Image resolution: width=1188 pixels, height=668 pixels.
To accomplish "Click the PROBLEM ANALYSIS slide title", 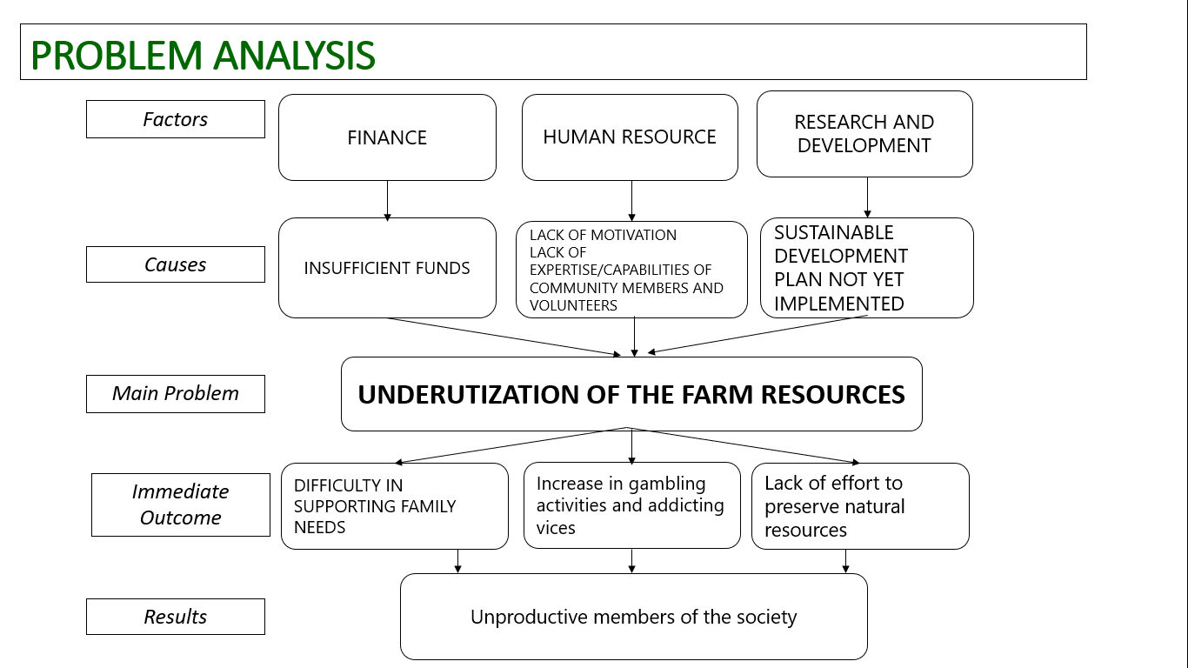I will (203, 55).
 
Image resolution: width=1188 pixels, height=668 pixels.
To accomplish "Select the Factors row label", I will (176, 119).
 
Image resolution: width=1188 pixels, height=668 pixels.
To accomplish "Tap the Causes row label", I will (176, 264).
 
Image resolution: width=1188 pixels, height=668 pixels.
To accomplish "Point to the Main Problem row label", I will (176, 393).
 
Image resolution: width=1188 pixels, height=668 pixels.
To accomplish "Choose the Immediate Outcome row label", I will (181, 504).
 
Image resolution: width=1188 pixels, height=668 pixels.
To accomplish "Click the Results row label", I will (176, 617).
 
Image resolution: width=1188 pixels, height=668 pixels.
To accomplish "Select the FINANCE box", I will (387, 137).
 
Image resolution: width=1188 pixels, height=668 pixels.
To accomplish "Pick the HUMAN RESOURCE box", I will (630, 137).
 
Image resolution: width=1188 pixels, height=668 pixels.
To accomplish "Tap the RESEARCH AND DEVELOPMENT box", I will (864, 134).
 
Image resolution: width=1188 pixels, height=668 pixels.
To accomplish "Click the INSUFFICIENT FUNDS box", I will (387, 268).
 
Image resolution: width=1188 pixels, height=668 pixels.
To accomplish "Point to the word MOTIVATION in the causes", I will (633, 235).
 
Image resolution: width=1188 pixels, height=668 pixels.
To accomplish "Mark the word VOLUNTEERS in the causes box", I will (573, 305).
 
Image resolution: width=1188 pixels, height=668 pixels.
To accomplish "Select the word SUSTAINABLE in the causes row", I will (834, 232).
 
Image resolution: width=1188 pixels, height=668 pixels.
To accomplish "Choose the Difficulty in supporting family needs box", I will (394, 506).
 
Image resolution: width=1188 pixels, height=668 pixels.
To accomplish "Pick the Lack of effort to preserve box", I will (860, 506).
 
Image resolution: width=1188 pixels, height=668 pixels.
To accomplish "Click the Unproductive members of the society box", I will (633, 617).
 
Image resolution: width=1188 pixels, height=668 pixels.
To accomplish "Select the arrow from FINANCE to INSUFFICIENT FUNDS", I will (387, 200).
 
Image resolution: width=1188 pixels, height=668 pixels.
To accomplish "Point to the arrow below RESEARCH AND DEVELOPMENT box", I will (867, 197).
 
